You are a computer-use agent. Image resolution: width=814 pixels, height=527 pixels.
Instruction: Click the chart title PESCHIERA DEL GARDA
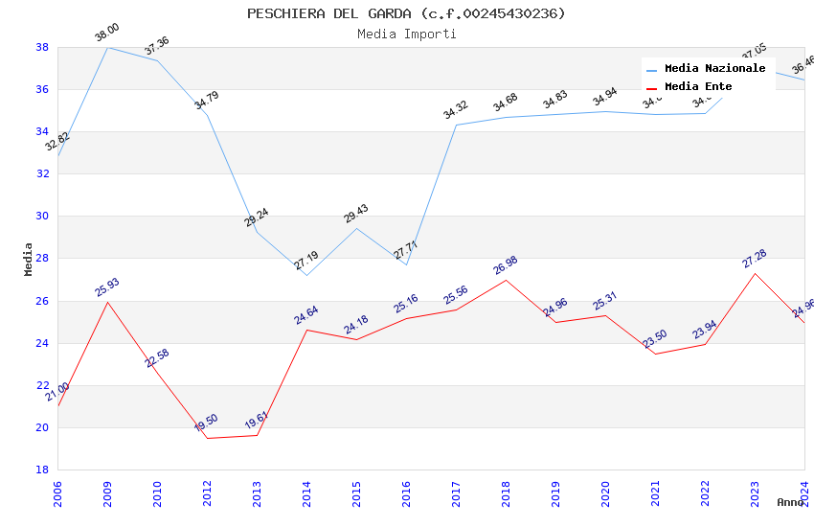pos(406,13)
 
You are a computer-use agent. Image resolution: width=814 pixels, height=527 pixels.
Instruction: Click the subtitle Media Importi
pos(406,34)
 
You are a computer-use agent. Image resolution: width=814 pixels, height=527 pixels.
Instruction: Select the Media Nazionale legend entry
pos(714,69)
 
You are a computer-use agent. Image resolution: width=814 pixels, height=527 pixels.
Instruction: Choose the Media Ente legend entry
pos(698,87)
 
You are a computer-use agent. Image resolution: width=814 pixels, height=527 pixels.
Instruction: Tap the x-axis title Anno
pos(790,502)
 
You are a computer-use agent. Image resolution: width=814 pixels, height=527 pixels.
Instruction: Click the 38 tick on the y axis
pos(42,47)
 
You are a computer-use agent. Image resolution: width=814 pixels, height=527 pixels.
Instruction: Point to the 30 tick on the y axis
pos(42,216)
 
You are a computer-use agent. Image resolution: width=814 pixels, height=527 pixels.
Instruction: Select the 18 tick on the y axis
pos(42,470)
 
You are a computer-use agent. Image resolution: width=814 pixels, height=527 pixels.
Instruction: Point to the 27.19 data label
pos(306,261)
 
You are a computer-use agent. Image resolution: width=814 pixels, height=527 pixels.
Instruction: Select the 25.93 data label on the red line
pos(107,287)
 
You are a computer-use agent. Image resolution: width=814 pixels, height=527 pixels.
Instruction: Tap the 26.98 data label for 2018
pos(506,265)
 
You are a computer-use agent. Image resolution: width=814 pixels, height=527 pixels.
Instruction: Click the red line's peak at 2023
pos(755,273)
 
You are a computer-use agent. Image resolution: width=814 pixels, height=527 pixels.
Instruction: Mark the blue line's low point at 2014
pos(306,275)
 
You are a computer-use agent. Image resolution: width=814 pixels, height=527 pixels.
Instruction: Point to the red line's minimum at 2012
pos(207,438)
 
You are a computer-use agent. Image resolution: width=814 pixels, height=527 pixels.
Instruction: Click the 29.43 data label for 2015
pos(356,214)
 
